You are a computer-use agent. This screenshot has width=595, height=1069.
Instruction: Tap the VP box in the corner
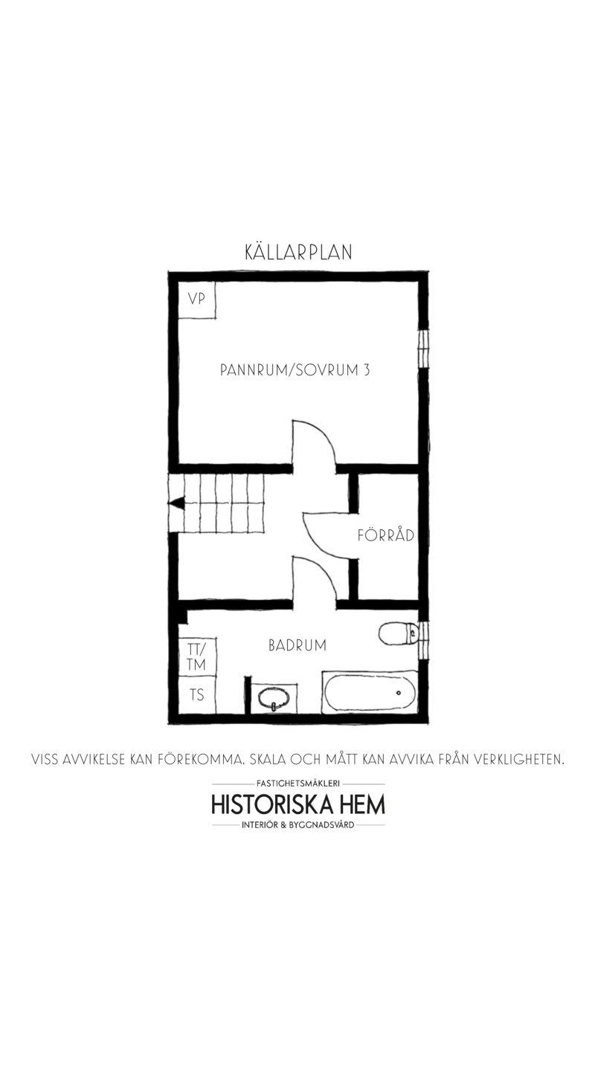point(197,300)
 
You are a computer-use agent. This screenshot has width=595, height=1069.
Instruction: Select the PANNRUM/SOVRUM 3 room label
point(295,370)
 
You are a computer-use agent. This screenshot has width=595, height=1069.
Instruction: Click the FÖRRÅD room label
point(386,534)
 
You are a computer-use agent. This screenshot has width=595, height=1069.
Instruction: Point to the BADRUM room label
point(297,645)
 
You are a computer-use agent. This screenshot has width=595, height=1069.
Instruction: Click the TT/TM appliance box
point(197,656)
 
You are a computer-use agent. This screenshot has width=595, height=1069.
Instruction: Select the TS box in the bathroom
point(197,695)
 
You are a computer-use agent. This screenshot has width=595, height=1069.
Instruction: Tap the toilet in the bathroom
point(398,634)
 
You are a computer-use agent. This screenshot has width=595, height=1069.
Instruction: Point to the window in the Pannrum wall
point(423,349)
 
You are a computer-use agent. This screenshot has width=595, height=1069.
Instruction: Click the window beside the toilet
point(424,640)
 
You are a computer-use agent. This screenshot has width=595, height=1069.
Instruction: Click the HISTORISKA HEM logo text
point(298,804)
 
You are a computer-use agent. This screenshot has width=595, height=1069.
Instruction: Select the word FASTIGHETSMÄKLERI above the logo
point(298,783)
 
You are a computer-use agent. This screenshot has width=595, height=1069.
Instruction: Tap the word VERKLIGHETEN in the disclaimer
point(519,758)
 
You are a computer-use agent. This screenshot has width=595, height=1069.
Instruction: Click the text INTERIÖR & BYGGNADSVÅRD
point(298,824)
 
